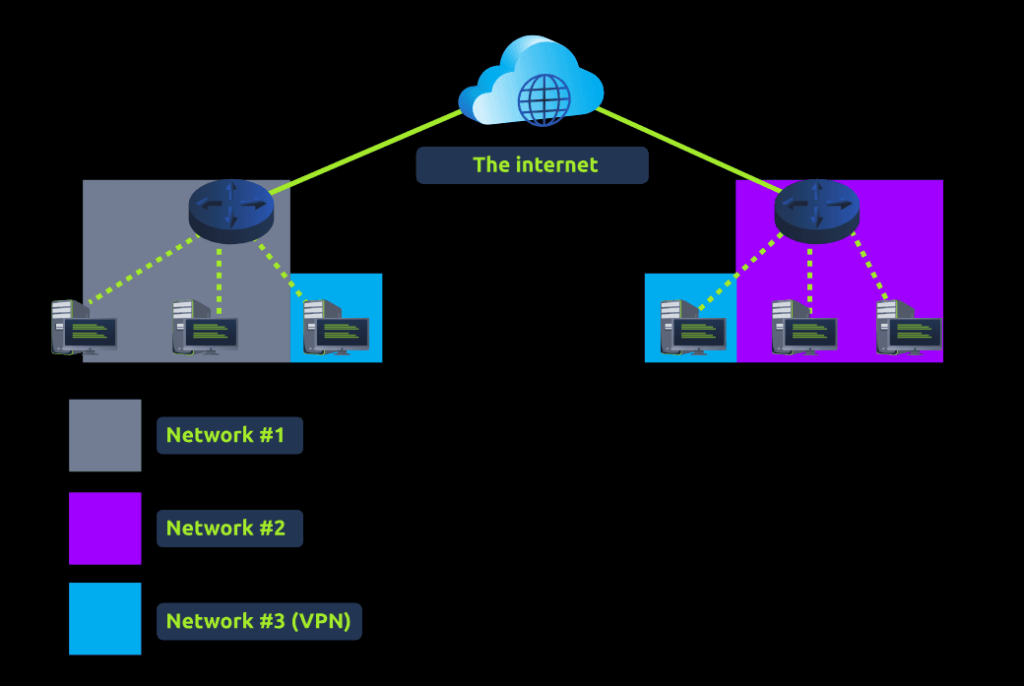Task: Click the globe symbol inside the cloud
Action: [x=544, y=97]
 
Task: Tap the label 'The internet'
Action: [x=532, y=165]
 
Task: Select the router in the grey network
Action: [x=231, y=210]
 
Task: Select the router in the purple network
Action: [x=817, y=210]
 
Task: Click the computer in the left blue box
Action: [x=336, y=327]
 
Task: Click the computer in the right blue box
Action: [x=693, y=327]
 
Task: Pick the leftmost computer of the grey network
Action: [x=85, y=327]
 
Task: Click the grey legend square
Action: [x=105, y=435]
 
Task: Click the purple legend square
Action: [x=105, y=529]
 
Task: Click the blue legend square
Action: [x=105, y=619]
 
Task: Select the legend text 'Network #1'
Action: [x=228, y=435]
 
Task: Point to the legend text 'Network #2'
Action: [x=228, y=529]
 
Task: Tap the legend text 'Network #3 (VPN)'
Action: [x=259, y=621]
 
